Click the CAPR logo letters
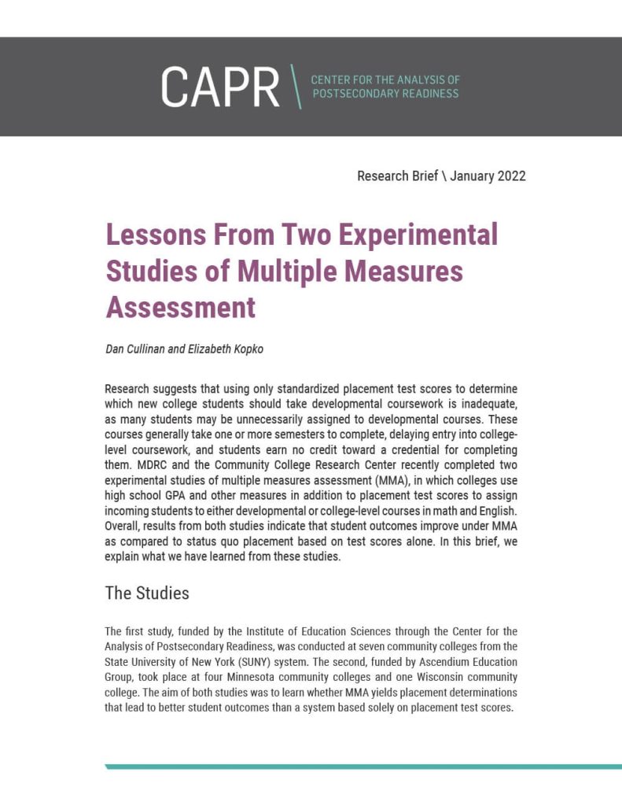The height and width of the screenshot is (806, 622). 220,87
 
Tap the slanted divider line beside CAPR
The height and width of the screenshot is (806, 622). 294,87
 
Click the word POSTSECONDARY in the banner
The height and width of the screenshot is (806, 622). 355,94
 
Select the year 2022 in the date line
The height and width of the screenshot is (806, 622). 507,176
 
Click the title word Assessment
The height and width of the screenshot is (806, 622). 181,307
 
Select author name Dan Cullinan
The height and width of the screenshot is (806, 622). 135,349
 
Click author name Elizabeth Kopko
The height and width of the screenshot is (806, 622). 224,349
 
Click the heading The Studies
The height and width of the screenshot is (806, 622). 147,593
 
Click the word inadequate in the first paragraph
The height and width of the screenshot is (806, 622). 491,405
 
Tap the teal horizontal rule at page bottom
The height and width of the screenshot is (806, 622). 363,766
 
